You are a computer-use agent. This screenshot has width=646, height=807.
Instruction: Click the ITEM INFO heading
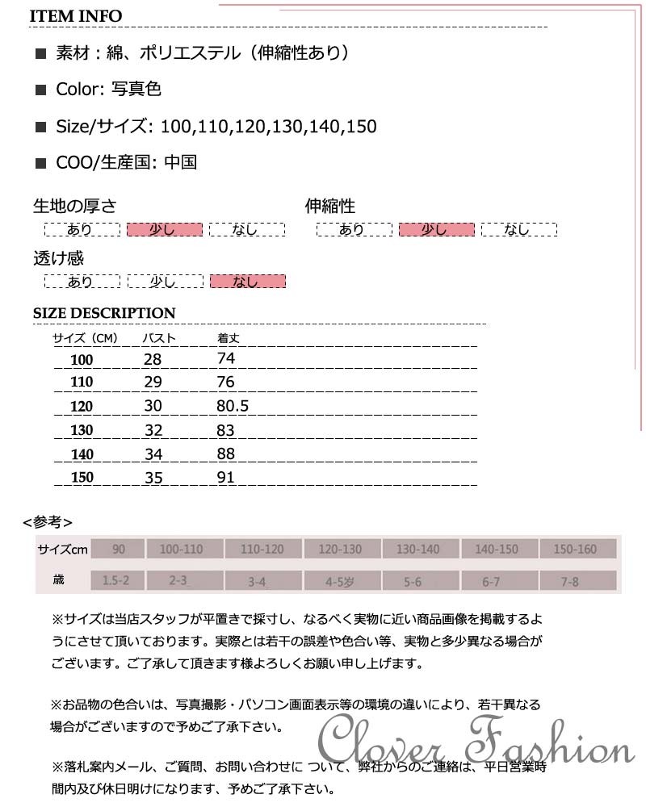click(77, 16)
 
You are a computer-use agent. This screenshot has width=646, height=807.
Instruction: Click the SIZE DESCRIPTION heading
click(103, 313)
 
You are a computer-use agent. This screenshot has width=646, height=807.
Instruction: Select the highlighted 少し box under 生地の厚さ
click(164, 230)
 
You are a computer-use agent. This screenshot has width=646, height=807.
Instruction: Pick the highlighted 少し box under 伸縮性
click(436, 230)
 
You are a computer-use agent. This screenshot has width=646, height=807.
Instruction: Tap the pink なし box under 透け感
click(247, 282)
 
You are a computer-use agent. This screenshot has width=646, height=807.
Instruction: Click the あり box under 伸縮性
click(353, 230)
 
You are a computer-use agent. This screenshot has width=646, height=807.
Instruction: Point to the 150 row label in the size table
click(82, 478)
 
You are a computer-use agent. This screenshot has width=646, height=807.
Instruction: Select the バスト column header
click(159, 338)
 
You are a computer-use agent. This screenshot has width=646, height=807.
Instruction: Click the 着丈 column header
click(229, 338)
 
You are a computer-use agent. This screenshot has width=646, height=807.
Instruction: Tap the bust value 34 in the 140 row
click(153, 454)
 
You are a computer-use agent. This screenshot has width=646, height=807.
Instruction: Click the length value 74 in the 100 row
click(226, 358)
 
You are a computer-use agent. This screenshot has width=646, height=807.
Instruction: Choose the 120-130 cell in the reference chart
click(340, 550)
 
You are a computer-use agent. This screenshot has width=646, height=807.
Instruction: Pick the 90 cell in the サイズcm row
click(119, 550)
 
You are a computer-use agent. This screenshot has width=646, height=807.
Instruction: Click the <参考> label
click(48, 521)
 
